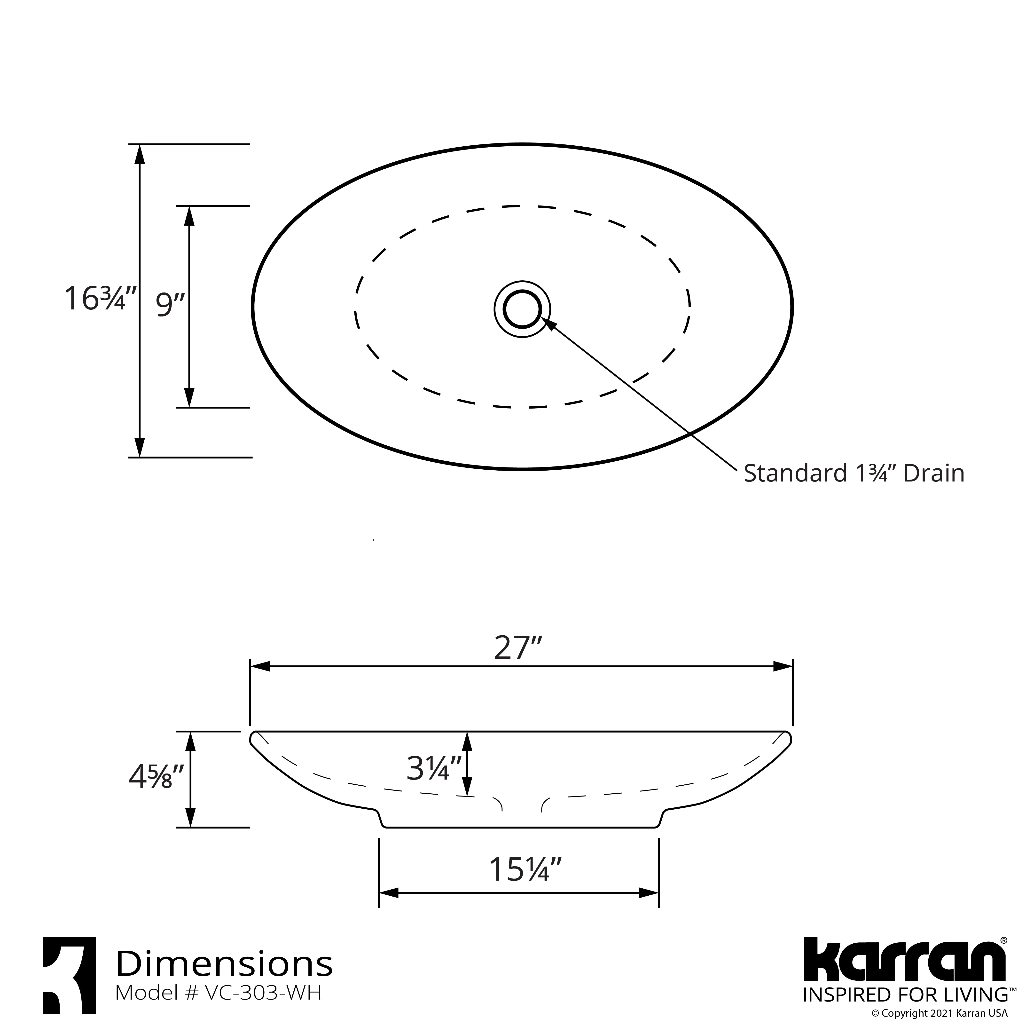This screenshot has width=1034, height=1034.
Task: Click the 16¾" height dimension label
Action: pyautogui.click(x=101, y=299)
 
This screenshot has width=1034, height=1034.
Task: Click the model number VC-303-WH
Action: pyautogui.click(x=262, y=993)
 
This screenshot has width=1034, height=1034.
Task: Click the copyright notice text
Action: pyautogui.click(x=939, y=1013)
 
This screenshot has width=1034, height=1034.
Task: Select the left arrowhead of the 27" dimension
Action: pyautogui.click(x=259, y=666)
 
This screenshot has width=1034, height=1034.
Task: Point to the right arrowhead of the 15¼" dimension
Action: pyautogui.click(x=649, y=893)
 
